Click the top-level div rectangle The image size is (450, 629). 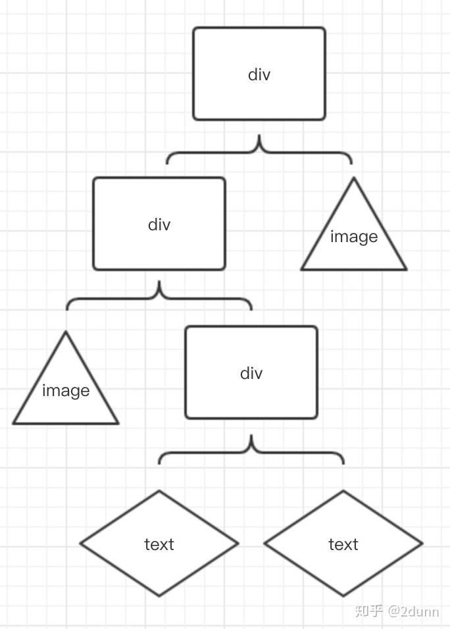pos(259,74)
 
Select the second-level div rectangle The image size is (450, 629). pos(159,224)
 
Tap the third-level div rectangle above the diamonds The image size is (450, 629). pos(251,372)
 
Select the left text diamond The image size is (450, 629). pos(159,543)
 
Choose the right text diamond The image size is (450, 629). pos(343,543)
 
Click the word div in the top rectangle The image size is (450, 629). pos(259,74)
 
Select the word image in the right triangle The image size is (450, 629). pos(354,237)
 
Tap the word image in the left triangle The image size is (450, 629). pos(66,391)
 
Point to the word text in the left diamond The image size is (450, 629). pos(159,544)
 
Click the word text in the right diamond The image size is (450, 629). pos(343,544)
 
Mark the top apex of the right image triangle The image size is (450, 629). pos(354,178)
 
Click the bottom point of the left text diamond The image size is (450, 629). pos(159,595)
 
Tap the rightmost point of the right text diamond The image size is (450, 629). pos(421,543)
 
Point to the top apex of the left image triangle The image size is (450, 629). pos(66,332)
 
